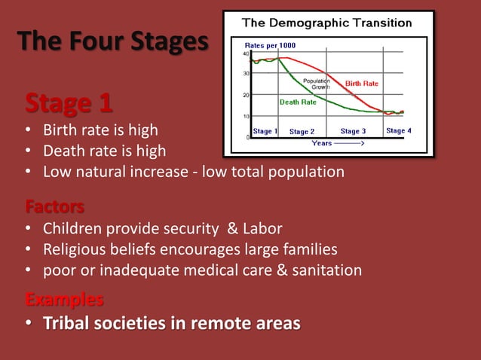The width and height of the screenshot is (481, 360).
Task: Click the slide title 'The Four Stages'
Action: (112, 41)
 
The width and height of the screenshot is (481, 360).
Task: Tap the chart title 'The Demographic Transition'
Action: (326, 23)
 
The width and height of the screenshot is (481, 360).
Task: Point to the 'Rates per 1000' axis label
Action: (270, 45)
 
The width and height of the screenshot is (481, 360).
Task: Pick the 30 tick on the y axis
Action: (247, 74)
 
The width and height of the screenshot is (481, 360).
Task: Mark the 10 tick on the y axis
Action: (247, 116)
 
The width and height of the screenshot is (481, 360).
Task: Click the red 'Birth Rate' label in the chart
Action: (361, 84)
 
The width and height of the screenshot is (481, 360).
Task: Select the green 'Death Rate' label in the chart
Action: (298, 102)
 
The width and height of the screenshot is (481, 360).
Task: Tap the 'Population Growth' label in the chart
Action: (317, 84)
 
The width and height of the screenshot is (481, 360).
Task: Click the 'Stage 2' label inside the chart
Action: (302, 132)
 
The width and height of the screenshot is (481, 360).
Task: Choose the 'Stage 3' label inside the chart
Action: (353, 131)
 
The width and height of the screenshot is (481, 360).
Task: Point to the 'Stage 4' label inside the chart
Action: (399, 131)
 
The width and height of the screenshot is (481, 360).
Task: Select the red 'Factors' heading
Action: (54, 206)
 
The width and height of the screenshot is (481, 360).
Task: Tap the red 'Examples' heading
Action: (64, 300)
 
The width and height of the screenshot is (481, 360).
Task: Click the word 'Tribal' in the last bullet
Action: (67, 324)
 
